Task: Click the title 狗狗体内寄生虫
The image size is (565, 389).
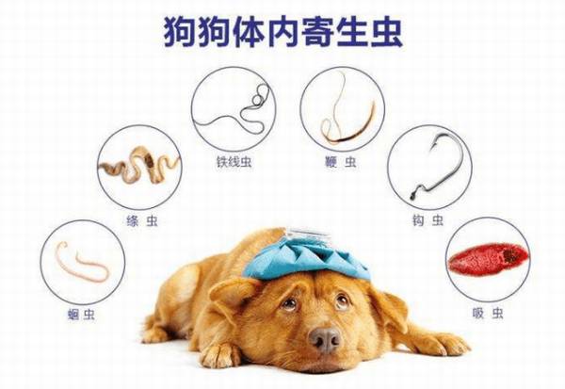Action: point(282,31)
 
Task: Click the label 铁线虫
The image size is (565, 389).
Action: point(230,162)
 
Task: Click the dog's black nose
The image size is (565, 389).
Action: point(325,338)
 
